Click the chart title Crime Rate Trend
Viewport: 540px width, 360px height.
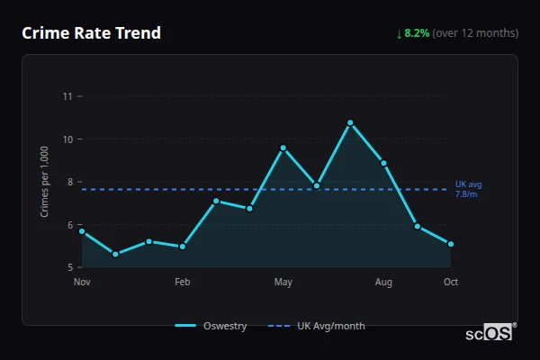click(x=92, y=33)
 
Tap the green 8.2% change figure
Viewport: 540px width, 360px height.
click(x=417, y=33)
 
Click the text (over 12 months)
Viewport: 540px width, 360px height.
click(x=475, y=33)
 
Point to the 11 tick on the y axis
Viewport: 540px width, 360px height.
click(x=67, y=96)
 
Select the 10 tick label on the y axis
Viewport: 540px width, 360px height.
click(x=67, y=139)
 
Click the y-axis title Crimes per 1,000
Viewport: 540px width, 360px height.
click(x=45, y=182)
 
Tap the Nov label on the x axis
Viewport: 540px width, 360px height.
click(x=82, y=283)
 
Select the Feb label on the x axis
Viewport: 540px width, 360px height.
click(x=183, y=283)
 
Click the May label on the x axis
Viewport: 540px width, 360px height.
click(x=283, y=283)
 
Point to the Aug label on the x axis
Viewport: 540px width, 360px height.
click(x=383, y=283)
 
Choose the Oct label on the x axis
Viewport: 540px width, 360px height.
click(x=451, y=283)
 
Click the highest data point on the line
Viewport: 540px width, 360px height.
click(x=350, y=122)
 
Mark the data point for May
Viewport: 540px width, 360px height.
click(x=283, y=148)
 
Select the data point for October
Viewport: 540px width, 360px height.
click(x=451, y=244)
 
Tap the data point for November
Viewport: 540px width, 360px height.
click(x=82, y=231)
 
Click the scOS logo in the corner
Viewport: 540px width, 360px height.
click(x=490, y=333)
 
